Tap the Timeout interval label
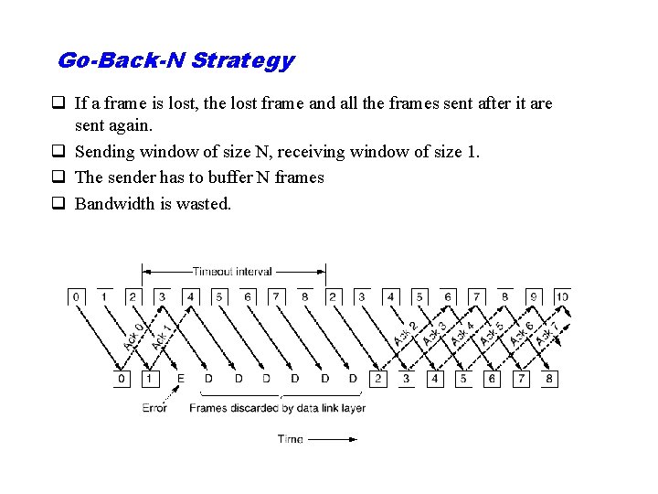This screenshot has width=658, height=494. [x=232, y=271]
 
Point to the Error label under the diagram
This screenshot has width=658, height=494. [x=154, y=408]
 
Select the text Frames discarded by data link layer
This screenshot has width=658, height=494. [x=277, y=408]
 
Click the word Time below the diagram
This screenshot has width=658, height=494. [x=291, y=439]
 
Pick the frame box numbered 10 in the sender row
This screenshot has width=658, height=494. [x=561, y=296]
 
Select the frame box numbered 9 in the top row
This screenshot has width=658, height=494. [x=533, y=296]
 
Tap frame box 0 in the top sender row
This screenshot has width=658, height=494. [x=76, y=296]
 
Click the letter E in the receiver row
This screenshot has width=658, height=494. [x=180, y=378]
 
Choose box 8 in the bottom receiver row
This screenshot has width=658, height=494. [x=548, y=378]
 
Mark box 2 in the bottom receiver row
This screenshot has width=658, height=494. [x=377, y=378]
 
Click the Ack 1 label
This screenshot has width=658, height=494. [x=162, y=336]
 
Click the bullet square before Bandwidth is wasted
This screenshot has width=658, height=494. [x=62, y=204]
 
